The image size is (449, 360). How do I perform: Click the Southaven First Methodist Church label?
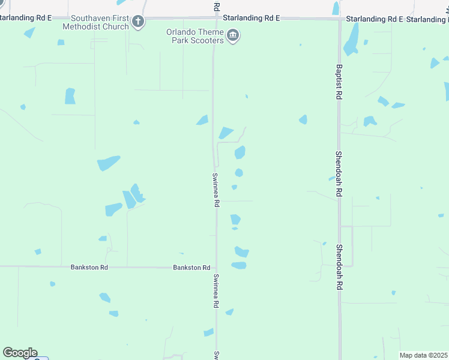click(x=99, y=23)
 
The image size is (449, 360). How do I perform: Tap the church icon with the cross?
click(x=138, y=23)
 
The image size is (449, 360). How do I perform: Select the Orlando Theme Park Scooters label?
click(x=196, y=36)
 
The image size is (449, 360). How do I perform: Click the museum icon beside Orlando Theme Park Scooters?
click(x=234, y=36)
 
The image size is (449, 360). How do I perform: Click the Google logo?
click(x=20, y=353)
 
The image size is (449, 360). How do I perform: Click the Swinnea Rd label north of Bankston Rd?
click(x=215, y=190)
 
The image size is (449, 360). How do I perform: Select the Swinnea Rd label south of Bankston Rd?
click(x=215, y=291)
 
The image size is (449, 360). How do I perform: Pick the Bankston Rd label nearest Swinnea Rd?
click(x=191, y=268)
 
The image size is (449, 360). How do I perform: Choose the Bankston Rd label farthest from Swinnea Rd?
click(x=89, y=267)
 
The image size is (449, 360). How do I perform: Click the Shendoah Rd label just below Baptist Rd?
click(x=339, y=174)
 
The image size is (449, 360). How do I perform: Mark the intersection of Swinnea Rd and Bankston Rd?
click(x=216, y=267)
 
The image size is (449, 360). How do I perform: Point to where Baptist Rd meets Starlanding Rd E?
click(x=339, y=19)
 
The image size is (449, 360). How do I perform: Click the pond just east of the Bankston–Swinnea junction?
click(x=239, y=265)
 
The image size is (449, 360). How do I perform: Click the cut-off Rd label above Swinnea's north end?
click(x=217, y=6)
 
